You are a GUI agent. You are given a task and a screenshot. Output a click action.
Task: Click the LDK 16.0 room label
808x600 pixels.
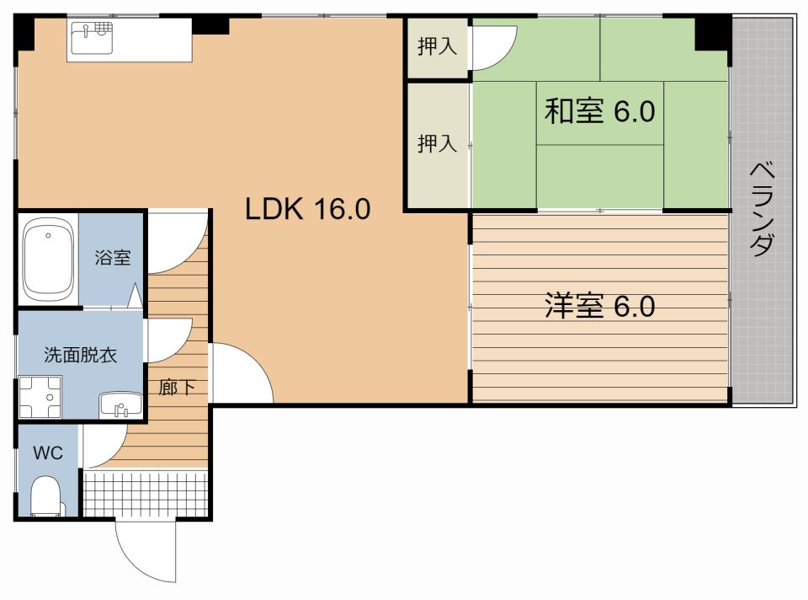[308, 209]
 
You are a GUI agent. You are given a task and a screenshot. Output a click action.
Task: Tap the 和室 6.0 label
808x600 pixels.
[600, 111]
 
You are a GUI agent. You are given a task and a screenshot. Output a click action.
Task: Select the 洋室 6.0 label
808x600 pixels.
[600, 305]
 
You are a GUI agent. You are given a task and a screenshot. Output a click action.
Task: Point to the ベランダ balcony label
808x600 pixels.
[762, 209]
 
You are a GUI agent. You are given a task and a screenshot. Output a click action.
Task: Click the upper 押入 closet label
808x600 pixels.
[437, 46]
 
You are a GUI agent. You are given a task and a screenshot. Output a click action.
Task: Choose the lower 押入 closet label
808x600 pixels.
[437, 143]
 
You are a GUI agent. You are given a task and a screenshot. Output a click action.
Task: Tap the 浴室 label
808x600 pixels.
[112, 257]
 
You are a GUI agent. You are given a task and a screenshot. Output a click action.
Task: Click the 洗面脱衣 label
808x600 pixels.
[81, 355]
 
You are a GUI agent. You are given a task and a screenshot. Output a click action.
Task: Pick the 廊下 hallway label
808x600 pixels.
[177, 387]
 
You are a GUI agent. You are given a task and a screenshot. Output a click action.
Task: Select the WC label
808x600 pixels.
[48, 453]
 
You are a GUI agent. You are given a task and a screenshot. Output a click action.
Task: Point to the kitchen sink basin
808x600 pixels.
[92, 38]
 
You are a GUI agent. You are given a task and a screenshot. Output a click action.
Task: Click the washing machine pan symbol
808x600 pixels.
[40, 397]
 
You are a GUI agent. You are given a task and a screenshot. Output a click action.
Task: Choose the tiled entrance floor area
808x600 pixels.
[146, 494]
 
